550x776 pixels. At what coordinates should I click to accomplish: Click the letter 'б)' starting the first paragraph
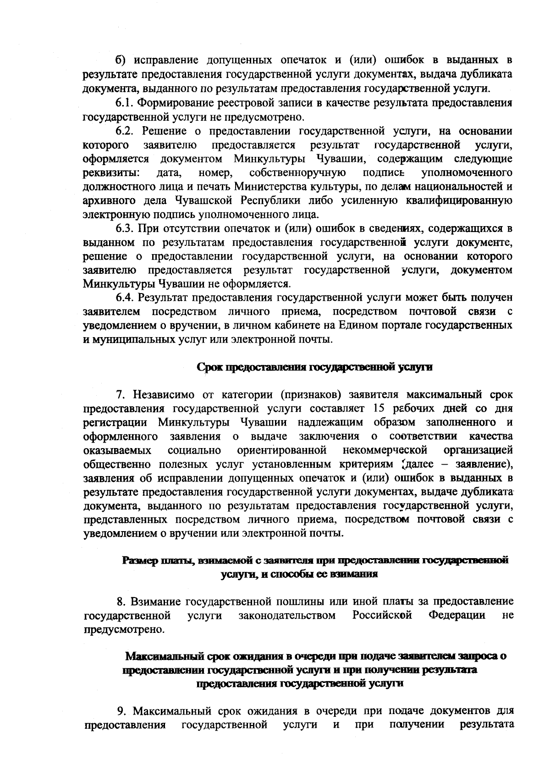pos(120,60)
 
